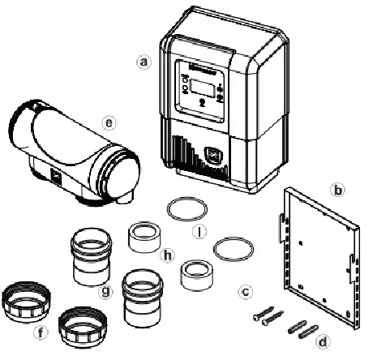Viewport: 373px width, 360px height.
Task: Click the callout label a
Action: point(144,61)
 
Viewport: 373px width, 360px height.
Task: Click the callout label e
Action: point(109,123)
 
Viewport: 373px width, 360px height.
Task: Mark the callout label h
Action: point(169,254)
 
